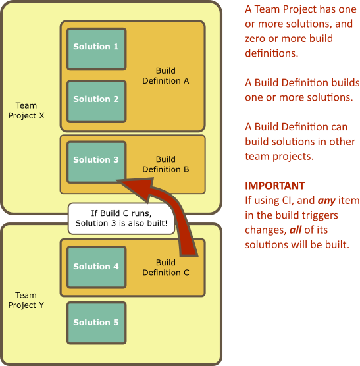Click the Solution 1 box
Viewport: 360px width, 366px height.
click(x=97, y=49)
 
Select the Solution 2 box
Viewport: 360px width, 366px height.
click(x=97, y=101)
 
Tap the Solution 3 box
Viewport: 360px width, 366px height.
click(x=97, y=162)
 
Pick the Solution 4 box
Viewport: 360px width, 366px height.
click(x=97, y=267)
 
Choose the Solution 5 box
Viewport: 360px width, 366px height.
click(x=97, y=323)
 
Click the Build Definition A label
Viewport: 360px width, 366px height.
click(x=166, y=76)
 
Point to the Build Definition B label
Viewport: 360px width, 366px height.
click(x=166, y=164)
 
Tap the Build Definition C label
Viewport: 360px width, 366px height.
click(x=166, y=267)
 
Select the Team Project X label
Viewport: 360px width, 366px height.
click(x=26, y=111)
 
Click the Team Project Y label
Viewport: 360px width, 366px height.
click(x=26, y=300)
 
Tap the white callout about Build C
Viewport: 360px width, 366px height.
click(x=121, y=219)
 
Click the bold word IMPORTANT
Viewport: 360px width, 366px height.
click(x=275, y=186)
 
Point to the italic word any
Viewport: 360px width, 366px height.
click(x=326, y=201)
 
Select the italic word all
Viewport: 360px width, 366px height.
click(x=296, y=230)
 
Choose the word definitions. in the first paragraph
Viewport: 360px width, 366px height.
click(x=272, y=53)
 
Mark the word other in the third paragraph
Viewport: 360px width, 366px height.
click(x=342, y=142)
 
